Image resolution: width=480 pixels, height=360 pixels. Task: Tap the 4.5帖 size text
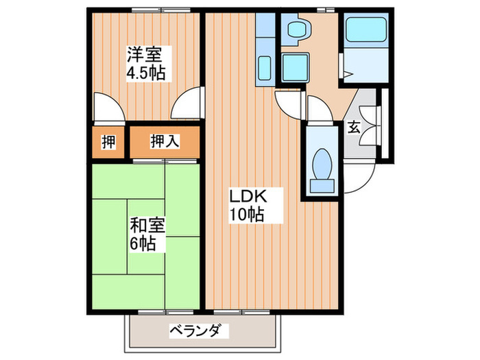[145, 72]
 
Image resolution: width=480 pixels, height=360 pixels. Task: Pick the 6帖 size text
[143, 243]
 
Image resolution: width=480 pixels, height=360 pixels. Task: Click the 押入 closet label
[165, 142]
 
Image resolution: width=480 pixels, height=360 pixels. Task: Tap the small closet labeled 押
[108, 142]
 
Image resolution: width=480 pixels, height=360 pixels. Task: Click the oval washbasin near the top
[298, 29]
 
